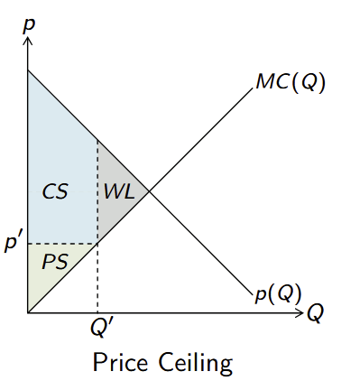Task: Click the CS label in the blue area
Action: pyautogui.click(x=56, y=191)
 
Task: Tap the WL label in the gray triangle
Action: pyautogui.click(x=119, y=191)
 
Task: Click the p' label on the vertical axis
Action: pyautogui.click(x=14, y=244)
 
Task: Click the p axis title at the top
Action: pyautogui.click(x=29, y=21)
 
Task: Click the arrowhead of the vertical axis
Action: pyautogui.click(x=29, y=40)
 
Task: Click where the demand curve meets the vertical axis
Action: pyautogui.click(x=29, y=70)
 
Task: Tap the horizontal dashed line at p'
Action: pyautogui.click(x=63, y=244)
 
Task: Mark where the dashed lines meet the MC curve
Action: pyautogui.click(x=97, y=244)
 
